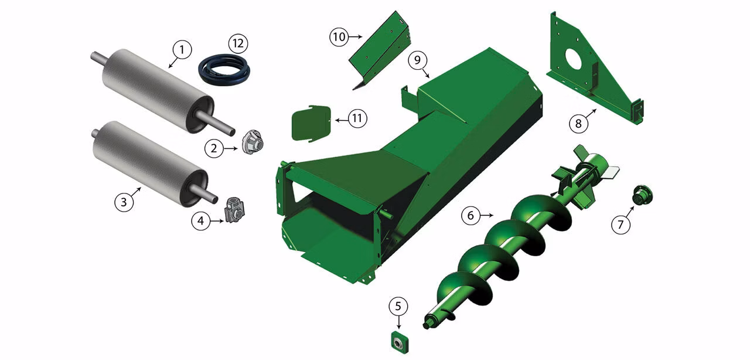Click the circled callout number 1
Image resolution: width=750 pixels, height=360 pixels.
tap(182, 50)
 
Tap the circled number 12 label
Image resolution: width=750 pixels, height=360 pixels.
tap(238, 43)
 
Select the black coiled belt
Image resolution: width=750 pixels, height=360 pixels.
tap(224, 70)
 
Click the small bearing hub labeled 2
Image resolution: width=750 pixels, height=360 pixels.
tap(253, 142)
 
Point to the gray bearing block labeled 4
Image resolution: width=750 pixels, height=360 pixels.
tap(234, 210)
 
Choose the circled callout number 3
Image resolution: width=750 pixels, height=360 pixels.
tap(124, 202)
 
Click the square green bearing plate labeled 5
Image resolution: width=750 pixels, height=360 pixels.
tap(400, 342)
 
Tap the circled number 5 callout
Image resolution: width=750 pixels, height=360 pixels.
tap(398, 306)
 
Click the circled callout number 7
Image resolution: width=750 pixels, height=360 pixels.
tap(621, 224)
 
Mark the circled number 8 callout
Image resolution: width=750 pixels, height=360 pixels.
tap(578, 123)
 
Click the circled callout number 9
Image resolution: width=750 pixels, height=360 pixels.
tap(417, 60)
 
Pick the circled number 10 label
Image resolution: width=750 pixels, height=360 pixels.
tap(339, 36)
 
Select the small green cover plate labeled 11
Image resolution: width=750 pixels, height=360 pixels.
tap(311, 123)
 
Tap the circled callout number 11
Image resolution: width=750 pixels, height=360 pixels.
tap(357, 118)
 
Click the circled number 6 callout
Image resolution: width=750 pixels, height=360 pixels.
tap(471, 215)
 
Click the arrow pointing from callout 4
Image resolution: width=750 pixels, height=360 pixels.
tap(217, 221)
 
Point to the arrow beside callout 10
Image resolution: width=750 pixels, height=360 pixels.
tap(356, 36)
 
